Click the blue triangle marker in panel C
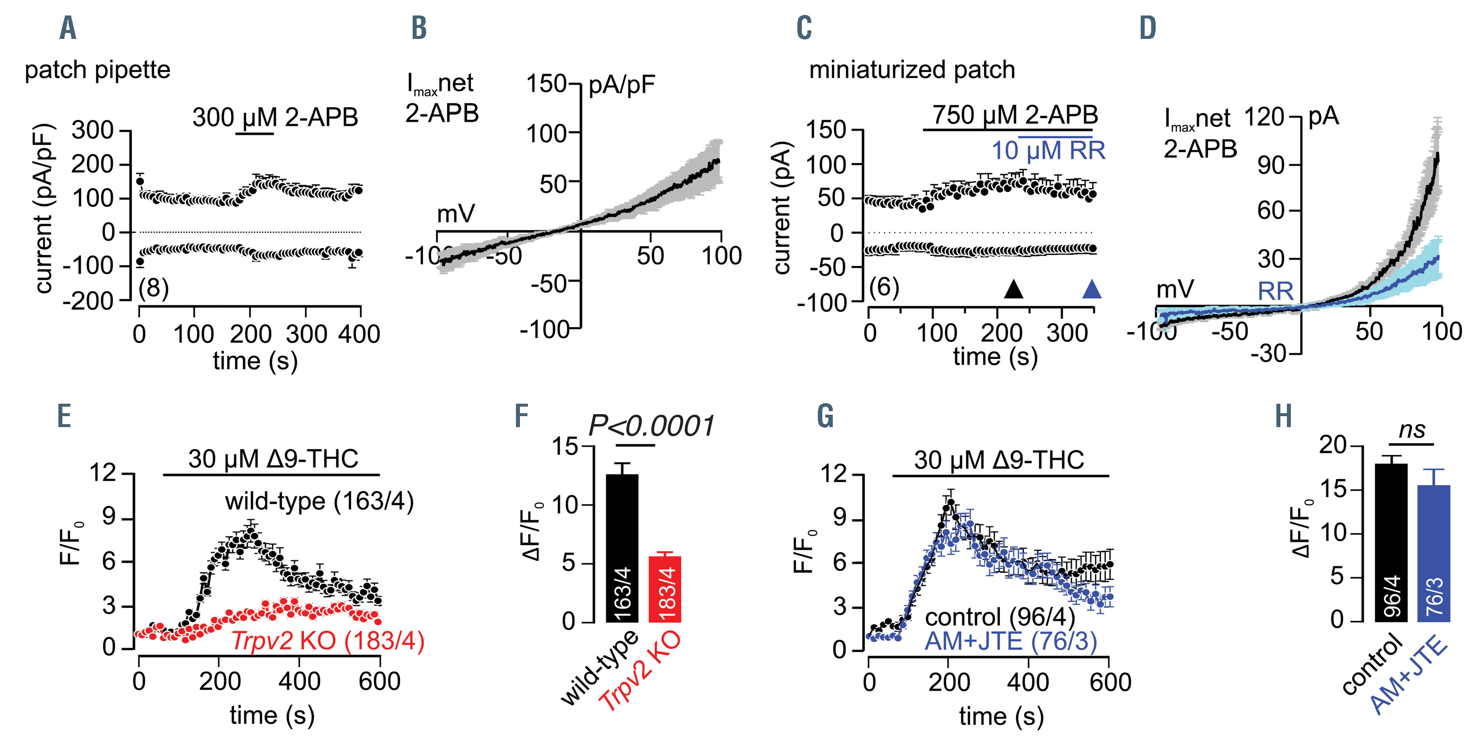point(1091,290)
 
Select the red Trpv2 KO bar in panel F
point(665,589)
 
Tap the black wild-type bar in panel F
point(622,548)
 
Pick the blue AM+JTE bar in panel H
point(1434,553)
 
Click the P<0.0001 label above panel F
point(652,426)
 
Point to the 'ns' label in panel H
point(1412,430)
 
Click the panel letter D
point(1148,28)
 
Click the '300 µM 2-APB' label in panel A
point(275,117)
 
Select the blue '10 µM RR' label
point(1048,151)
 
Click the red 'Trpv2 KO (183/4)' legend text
point(328,641)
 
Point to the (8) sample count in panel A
point(154,288)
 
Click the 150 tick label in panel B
point(546,84)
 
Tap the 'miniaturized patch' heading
point(912,70)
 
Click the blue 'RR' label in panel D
point(1275,292)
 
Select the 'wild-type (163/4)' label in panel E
point(319,501)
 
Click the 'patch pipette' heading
point(98,70)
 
